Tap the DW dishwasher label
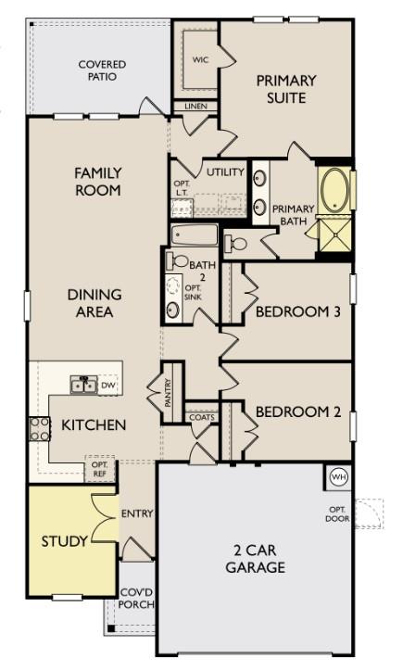point(107,384)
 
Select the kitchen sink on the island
point(82,384)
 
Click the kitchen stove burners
point(39,428)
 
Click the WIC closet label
point(200,59)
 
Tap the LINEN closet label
point(195,107)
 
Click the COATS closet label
point(201,417)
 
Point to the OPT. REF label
point(100,471)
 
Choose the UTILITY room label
point(225,172)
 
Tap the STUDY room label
point(64,540)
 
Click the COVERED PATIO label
point(101,71)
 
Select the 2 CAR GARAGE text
point(255,559)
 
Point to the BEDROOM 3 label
point(297,311)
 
